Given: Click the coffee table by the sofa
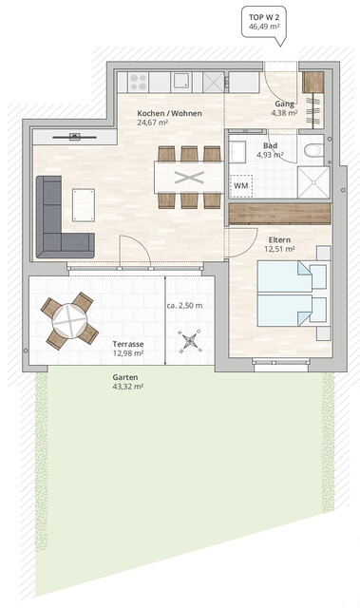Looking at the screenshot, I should tap(85, 203).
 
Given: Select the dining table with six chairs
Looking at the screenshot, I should tap(189, 177).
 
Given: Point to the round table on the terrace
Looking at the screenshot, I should tap(69, 320).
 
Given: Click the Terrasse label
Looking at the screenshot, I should tap(128, 343).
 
